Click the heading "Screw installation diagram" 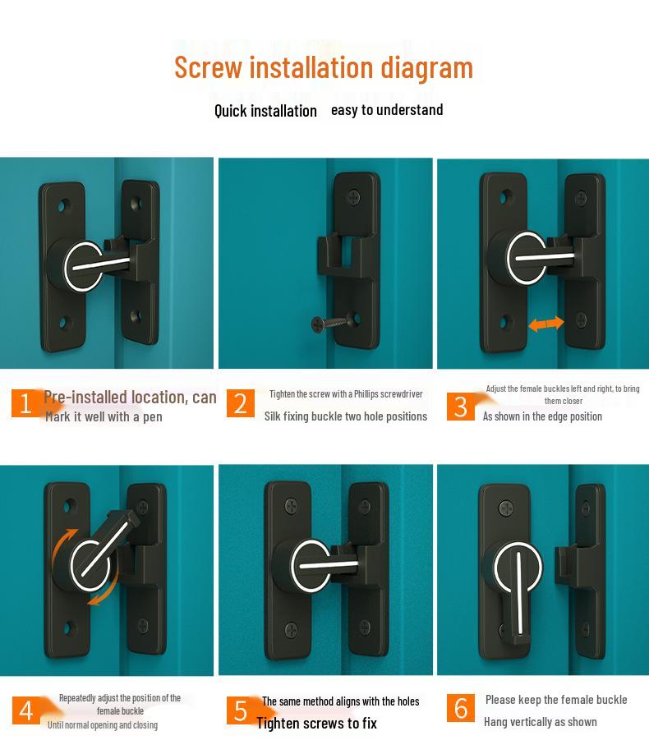point(324,67)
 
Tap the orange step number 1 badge point(25,403)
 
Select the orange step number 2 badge point(240,403)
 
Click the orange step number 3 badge point(461,406)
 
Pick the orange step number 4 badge point(25,710)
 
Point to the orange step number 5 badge point(240,710)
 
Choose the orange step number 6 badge point(461,707)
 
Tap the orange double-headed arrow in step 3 point(546,324)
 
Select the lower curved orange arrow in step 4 point(103,595)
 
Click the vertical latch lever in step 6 point(520,595)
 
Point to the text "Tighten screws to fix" point(316,723)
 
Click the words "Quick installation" point(265,111)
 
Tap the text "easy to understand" point(387,110)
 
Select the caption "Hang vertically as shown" point(540,722)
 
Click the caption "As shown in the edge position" point(542,416)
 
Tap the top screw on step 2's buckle point(354,196)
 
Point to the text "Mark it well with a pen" point(104,417)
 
